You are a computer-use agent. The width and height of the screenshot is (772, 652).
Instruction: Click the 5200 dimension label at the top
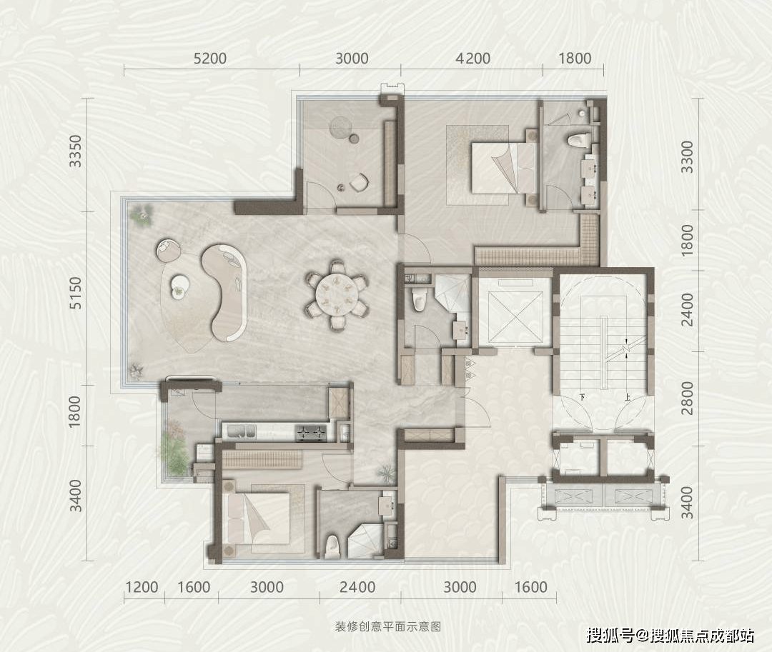pos(210,59)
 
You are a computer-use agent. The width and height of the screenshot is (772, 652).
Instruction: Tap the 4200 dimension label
pos(473,59)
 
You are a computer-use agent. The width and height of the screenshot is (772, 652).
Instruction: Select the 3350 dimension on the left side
pos(75,151)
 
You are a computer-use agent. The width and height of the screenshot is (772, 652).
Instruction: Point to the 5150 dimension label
pos(75,293)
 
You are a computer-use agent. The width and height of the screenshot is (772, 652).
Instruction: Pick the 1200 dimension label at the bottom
pos(142,587)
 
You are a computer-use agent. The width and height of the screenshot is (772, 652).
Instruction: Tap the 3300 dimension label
pos(688,157)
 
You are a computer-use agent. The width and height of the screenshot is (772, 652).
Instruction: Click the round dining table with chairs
pos(337,294)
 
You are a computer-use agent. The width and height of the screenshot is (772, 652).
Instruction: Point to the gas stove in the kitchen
pos(312,433)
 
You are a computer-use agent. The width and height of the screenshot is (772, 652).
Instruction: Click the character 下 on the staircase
pos(583,397)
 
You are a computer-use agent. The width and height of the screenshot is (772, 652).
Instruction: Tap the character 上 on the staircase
pos(628,397)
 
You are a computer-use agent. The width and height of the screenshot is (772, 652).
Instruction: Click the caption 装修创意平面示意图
pos(388,626)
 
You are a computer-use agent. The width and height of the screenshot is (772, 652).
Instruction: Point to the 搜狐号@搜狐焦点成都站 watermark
pos(670,636)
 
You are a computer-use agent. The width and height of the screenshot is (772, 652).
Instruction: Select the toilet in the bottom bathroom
pos(333,546)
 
